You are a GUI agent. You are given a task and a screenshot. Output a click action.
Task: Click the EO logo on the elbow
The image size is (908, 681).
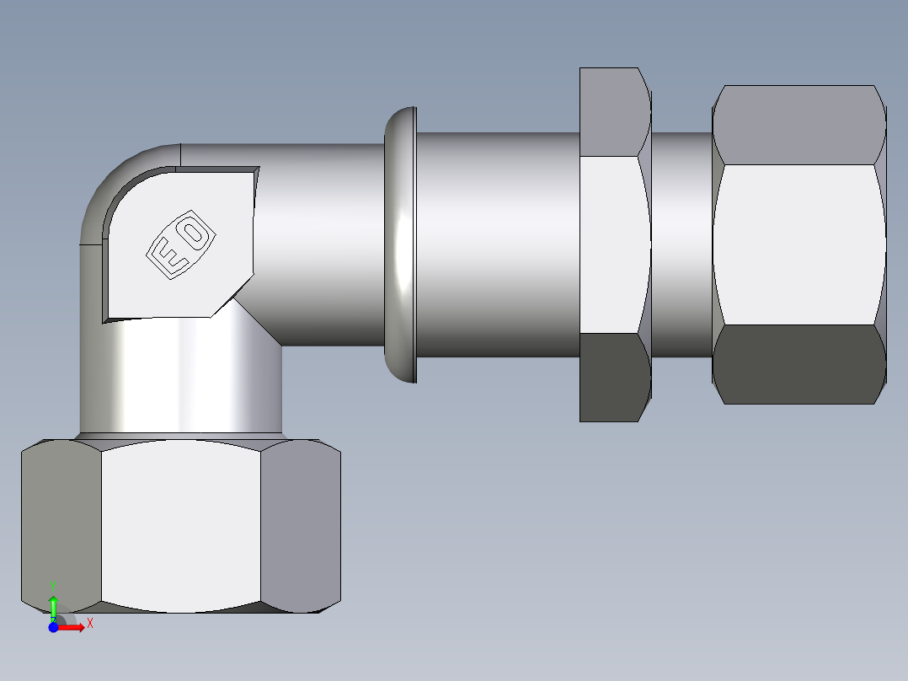[x=179, y=245]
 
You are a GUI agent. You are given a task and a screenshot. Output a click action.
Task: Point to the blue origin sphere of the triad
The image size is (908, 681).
[x=53, y=627]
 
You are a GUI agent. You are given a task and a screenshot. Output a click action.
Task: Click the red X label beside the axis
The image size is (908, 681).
[x=89, y=624]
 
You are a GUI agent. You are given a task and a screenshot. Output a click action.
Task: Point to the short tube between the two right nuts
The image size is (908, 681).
[x=681, y=244]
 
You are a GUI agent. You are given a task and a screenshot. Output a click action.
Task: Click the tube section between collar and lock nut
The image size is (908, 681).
[x=497, y=244]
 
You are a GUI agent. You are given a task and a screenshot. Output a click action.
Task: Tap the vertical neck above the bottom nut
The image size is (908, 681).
[x=180, y=379]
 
